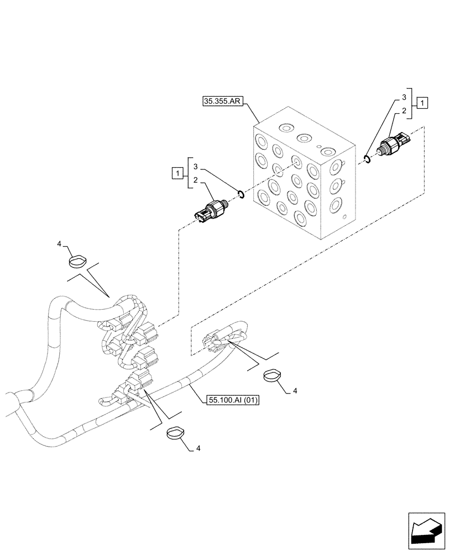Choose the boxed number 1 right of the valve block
tap(422, 102)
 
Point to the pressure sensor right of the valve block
tap(394, 143)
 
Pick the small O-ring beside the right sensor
tap(367, 160)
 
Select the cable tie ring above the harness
tap(78, 259)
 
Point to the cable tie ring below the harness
tap(176, 432)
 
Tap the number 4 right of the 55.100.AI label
tap(294, 391)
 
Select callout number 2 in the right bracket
tap(404, 110)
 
